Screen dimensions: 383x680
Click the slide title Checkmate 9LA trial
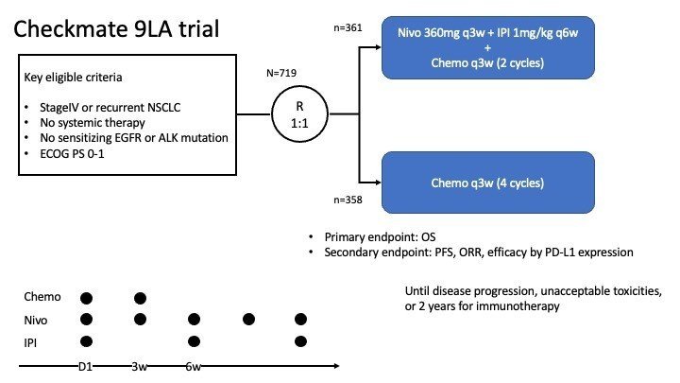pos(117,29)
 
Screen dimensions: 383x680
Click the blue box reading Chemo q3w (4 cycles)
pos(488,183)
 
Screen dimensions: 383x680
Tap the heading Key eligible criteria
pos(72,76)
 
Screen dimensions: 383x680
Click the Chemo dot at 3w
pos(141,299)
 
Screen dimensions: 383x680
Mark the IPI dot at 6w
pos(195,340)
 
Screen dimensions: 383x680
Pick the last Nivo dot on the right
pos(301,320)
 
